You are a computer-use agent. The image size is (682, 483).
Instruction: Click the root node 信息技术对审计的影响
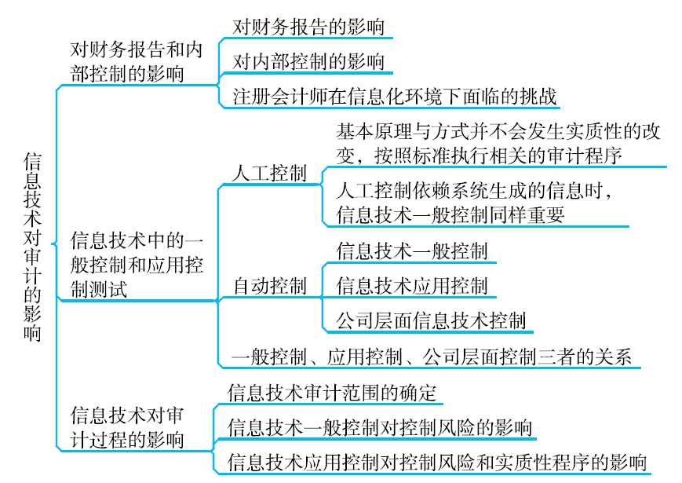[x=32, y=247]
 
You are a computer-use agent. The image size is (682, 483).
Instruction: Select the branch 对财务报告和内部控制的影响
[x=136, y=62]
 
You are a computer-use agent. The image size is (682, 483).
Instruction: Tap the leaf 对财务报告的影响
[x=308, y=27]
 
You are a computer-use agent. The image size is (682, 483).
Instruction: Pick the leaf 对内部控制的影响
[x=308, y=61]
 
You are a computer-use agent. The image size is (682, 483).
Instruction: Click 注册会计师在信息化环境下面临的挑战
[x=395, y=97]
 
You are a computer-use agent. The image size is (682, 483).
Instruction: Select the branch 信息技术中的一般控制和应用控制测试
[x=137, y=265]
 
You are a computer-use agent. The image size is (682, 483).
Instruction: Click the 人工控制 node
[x=270, y=174]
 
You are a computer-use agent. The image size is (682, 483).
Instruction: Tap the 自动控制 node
[x=270, y=286]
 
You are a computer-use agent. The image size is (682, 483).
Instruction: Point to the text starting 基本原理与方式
[x=498, y=144]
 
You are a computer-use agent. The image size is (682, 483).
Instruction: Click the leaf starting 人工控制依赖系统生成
[x=474, y=203]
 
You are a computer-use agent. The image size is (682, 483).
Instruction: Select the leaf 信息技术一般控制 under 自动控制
[x=411, y=251]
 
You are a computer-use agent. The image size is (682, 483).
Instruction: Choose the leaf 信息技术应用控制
[x=411, y=286]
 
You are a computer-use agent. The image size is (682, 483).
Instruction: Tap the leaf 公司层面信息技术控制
[x=431, y=320]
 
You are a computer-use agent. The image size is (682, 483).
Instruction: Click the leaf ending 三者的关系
[x=432, y=357]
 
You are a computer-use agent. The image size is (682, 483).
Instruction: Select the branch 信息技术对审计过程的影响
[x=126, y=427]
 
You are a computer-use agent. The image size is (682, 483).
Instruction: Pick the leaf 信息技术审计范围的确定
[x=332, y=393]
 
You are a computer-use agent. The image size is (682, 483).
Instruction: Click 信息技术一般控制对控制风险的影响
[x=379, y=427]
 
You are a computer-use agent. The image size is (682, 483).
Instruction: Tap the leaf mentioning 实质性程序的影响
[x=436, y=462]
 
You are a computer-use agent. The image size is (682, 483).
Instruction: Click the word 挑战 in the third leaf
[x=538, y=97]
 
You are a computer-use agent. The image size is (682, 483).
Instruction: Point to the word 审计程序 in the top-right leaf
[x=585, y=156]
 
